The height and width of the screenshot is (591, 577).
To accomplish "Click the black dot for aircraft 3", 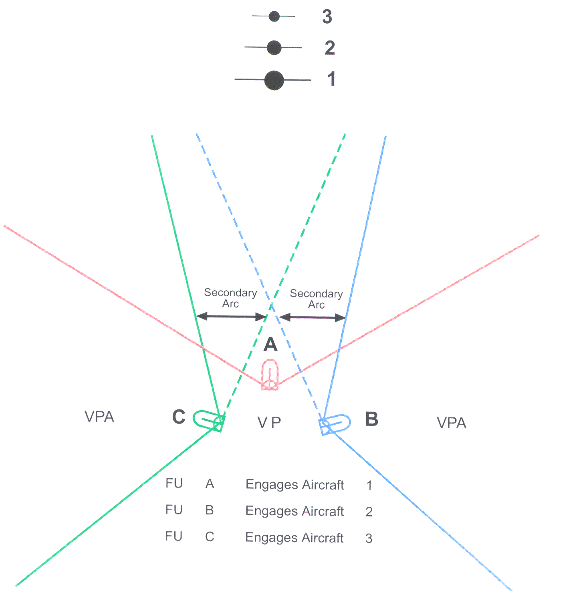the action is [274, 16].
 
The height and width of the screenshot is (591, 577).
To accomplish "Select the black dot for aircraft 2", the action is [274, 48].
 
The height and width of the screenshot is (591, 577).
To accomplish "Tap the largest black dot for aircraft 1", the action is [274, 81].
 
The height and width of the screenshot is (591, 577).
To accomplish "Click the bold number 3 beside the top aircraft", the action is [327, 16].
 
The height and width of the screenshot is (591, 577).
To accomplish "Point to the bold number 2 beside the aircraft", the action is [330, 48].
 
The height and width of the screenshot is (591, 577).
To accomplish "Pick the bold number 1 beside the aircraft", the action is [331, 79].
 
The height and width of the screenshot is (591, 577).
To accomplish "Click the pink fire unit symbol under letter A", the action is [270, 374].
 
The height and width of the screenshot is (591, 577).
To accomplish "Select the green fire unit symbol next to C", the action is [209, 420].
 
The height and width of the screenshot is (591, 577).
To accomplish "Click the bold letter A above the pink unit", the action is [270, 344].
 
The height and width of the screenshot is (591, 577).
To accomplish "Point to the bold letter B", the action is [371, 419].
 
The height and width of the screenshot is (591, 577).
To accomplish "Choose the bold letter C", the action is [178, 416].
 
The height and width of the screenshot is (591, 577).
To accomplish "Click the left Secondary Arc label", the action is [230, 298].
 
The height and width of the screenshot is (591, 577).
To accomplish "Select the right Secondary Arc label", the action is [316, 299].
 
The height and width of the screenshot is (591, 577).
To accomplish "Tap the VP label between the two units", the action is [269, 423].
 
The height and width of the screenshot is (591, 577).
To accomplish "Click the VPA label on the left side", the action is [99, 416].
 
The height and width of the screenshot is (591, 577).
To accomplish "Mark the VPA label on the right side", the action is [451, 423].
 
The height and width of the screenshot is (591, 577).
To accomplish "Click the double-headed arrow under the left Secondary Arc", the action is [231, 316].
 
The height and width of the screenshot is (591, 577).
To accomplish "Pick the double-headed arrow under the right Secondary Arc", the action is [312, 318].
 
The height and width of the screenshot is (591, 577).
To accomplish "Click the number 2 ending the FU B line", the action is [369, 512].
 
